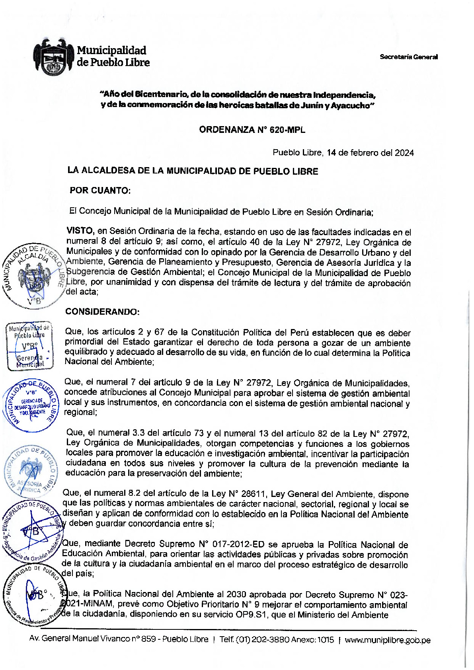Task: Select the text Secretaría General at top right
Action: [408, 57]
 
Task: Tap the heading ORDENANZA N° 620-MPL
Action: [252, 130]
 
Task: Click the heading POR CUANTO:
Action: [100, 191]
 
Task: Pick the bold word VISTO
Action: [80, 231]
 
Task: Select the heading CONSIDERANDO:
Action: [102, 312]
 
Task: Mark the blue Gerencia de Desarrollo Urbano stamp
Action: [31, 405]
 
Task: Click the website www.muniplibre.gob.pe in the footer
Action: [387, 640]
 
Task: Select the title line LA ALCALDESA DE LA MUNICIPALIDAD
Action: [193, 171]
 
